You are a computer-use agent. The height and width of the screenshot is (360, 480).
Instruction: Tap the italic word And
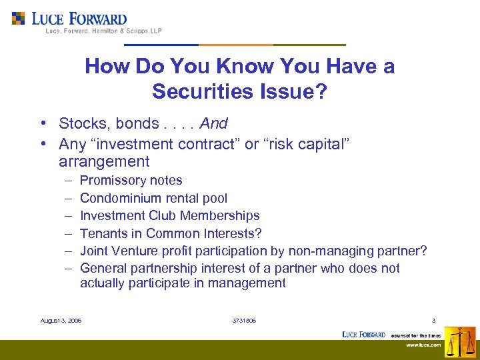[x=213, y=123]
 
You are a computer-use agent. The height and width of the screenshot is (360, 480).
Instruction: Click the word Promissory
[x=109, y=181]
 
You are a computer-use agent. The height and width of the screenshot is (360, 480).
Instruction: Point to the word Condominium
[x=117, y=198]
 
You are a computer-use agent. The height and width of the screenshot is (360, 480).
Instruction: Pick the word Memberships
[x=224, y=216]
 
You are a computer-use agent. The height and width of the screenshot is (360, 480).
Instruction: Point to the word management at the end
[x=249, y=283]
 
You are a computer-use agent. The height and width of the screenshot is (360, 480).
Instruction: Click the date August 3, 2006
[x=61, y=321]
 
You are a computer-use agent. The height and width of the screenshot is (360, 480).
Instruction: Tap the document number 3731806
[x=244, y=321]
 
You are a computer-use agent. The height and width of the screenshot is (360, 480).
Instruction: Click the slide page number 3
[x=433, y=321]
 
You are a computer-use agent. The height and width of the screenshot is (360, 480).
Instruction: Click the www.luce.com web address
[x=424, y=345]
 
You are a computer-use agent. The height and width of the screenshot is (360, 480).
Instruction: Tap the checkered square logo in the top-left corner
[x=19, y=18]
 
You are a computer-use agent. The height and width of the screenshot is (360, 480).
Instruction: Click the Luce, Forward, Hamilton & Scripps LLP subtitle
[x=103, y=31]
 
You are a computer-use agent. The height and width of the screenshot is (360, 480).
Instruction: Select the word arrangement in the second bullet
[x=104, y=161]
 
